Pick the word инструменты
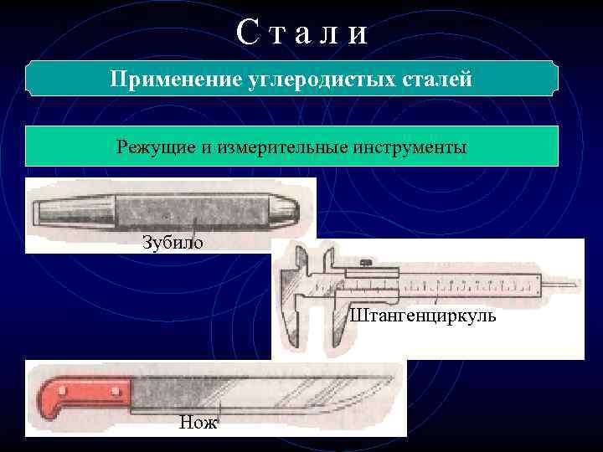click(x=412, y=146)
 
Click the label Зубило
click(x=172, y=243)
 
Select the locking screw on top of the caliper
click(x=367, y=265)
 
